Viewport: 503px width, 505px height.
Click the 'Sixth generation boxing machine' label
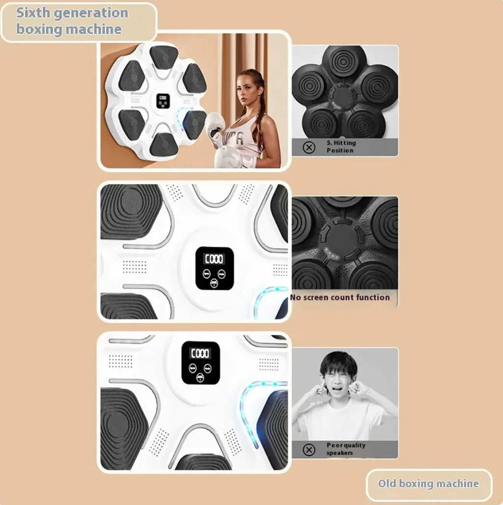coord(72,21)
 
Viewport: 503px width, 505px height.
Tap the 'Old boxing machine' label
coord(428,484)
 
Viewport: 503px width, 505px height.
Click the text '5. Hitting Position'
coord(341,146)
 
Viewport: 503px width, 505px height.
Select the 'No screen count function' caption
coord(340,297)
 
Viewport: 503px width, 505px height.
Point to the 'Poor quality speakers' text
coord(346,449)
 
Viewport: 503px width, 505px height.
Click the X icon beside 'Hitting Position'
coord(309,147)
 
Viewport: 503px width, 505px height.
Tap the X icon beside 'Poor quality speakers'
coord(309,449)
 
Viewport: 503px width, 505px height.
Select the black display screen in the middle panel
coord(215,268)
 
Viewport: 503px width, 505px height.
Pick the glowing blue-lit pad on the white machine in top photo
coord(194,123)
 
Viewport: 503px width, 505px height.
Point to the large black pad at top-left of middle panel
coord(130,210)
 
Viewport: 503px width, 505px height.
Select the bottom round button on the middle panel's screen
coord(214,282)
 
